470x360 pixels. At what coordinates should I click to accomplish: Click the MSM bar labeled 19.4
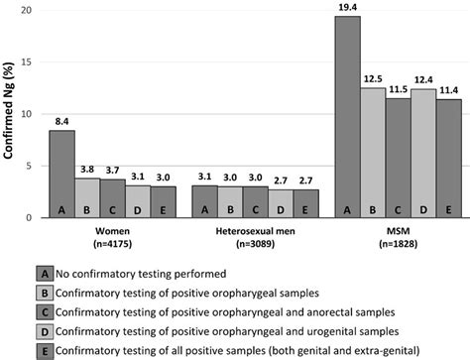pyautogui.click(x=347, y=118)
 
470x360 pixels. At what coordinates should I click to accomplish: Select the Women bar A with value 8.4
pyautogui.click(x=61, y=175)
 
